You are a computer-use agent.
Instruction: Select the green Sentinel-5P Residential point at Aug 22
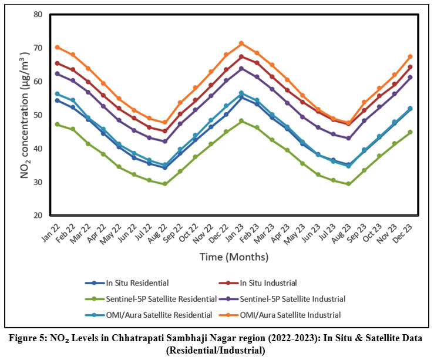pyautogui.click(x=165, y=184)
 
